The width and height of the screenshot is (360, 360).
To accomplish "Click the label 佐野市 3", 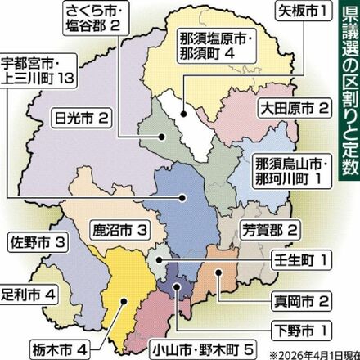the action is click(35, 243).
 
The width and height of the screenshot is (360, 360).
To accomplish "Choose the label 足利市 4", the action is click(29, 292).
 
